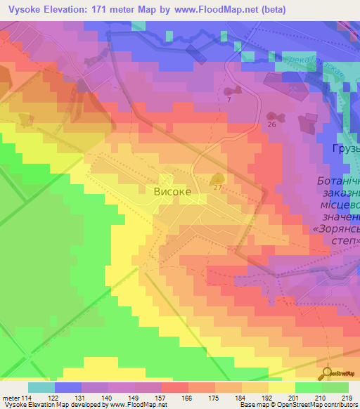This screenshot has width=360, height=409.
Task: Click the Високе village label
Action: [x=172, y=190]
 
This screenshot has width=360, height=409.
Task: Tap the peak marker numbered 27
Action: [x=218, y=180]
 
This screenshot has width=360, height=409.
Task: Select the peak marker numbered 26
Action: [x=272, y=117]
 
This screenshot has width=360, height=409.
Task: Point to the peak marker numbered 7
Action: [x=232, y=91]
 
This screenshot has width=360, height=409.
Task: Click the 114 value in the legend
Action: [x=21, y=397]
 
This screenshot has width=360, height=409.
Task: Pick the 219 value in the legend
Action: [x=347, y=397]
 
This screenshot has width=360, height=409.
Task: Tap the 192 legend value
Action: [x=266, y=397]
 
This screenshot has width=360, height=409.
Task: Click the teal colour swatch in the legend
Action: [x=41, y=387]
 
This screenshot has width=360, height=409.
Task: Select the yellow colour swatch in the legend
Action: [x=282, y=387]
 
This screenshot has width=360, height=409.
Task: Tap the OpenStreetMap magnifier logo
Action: [x=327, y=373]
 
